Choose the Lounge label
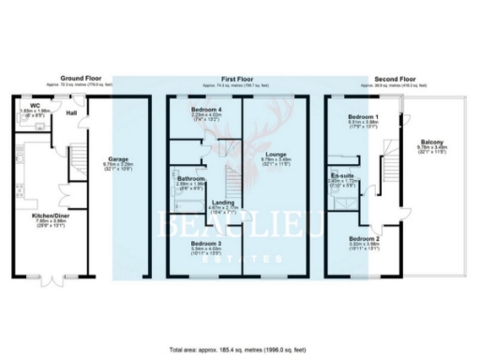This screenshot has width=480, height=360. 277,154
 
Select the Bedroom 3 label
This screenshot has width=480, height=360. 202,243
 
